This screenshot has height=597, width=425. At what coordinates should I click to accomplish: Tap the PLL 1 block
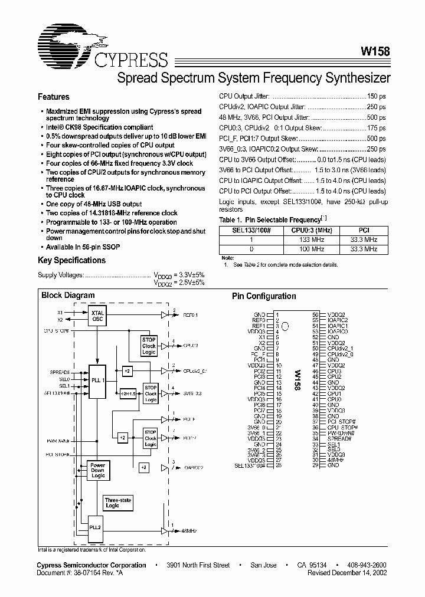97,380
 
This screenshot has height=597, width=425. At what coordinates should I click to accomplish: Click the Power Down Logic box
97,470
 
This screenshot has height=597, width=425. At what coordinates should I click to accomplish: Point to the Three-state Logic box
119,503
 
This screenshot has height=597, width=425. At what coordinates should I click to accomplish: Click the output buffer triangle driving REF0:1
165,315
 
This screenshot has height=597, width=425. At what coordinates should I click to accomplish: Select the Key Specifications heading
71,260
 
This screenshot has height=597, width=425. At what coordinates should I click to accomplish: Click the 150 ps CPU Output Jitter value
376,96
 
